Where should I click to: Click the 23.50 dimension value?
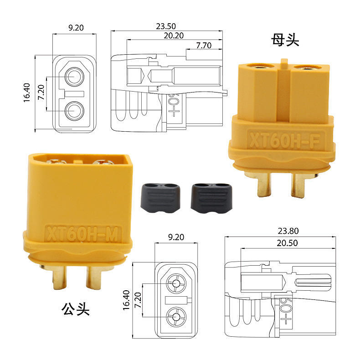click(166, 26)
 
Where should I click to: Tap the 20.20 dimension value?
click(174, 36)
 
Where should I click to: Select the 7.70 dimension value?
click(204, 46)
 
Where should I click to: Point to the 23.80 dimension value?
click(288, 231)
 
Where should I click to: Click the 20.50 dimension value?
click(287, 243)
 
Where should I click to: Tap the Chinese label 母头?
click(285, 40)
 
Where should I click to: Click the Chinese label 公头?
click(75, 309)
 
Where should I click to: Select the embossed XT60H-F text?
click(284, 140)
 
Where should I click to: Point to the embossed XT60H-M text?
click(82, 233)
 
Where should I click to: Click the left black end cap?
click(160, 198)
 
